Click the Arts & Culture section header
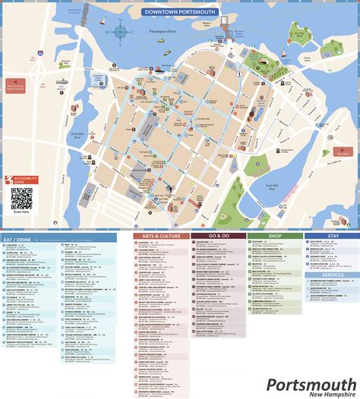coord(161,236)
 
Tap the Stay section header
coord(332,236)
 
